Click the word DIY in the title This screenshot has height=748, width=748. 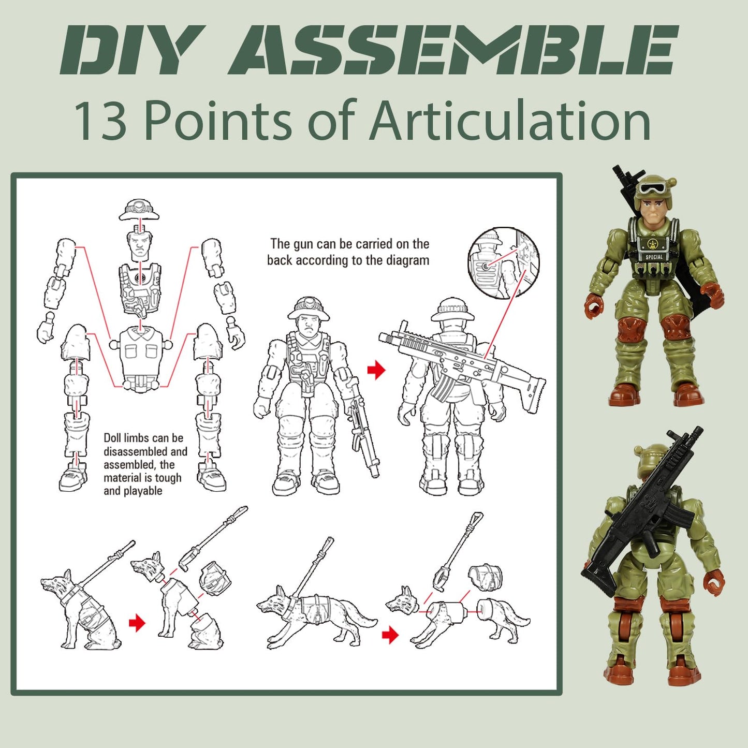[x=129, y=50]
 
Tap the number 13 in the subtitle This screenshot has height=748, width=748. [x=100, y=121]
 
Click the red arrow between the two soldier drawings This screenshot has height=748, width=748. [x=376, y=370]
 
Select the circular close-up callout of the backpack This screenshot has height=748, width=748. [x=503, y=262]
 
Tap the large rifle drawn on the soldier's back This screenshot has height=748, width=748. [x=461, y=362]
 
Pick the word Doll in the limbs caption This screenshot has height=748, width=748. [x=112, y=438]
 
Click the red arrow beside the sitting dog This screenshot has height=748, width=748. [x=137, y=623]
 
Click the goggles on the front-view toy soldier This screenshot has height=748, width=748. [x=649, y=188]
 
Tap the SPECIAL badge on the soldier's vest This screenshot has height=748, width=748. [x=654, y=257]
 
